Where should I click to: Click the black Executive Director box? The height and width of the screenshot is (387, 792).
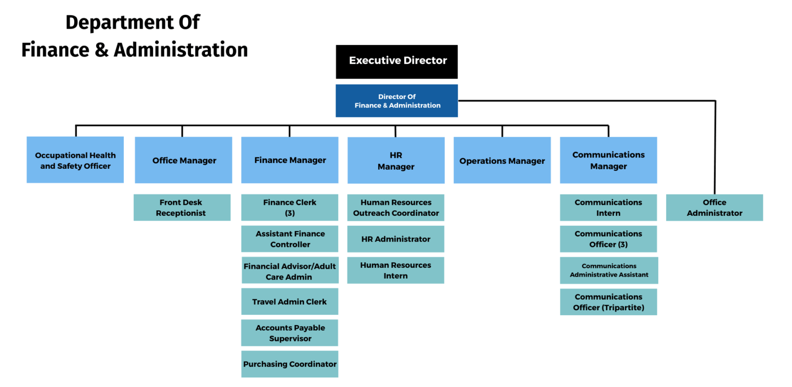[396, 61]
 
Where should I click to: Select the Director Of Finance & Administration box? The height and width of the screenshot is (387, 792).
[396, 100]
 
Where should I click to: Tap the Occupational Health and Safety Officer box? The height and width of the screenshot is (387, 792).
[75, 160]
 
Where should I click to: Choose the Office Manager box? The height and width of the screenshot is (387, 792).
[183, 160]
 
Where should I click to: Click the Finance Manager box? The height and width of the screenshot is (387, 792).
[290, 160]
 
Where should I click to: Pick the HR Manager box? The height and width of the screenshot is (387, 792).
[396, 160]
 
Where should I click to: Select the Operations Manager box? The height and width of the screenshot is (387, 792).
[502, 160]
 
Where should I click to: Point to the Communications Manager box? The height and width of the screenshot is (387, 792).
[608, 160]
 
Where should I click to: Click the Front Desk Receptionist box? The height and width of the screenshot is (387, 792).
[182, 207]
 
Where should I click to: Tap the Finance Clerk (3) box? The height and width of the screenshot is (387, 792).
[290, 207]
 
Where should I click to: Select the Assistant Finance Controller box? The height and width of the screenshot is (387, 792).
[290, 239]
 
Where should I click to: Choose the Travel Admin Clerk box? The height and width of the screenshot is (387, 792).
[290, 301]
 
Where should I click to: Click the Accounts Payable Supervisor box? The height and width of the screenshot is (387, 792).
[290, 333]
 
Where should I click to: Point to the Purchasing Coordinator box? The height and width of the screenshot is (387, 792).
[290, 364]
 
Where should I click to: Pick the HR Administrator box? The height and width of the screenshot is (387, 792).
[396, 239]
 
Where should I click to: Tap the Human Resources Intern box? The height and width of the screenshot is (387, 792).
[396, 270]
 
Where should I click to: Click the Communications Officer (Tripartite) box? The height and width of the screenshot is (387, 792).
[608, 302]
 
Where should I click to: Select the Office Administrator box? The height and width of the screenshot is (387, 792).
[714, 207]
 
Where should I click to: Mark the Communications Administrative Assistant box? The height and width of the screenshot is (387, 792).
[609, 270]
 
